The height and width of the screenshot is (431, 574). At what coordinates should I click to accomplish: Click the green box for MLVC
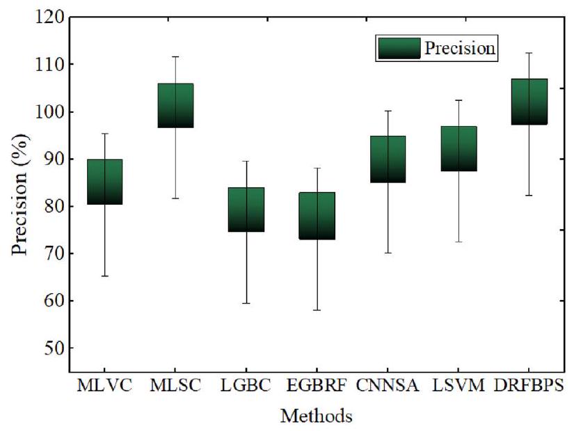[x=104, y=182]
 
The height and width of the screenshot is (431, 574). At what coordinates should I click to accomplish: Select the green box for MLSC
[x=175, y=105]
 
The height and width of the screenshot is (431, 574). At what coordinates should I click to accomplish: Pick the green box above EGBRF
[x=317, y=215]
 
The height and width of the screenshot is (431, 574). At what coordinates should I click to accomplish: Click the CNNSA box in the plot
[x=388, y=159]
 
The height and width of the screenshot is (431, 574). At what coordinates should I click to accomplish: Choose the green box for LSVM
[x=459, y=148]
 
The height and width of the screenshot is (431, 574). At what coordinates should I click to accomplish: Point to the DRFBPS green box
[x=529, y=101]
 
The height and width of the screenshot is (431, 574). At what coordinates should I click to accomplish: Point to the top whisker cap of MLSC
[x=175, y=56]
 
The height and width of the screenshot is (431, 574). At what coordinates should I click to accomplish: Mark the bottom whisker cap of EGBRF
[x=317, y=310]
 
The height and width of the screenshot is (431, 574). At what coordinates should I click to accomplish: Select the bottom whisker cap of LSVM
[x=459, y=242]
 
